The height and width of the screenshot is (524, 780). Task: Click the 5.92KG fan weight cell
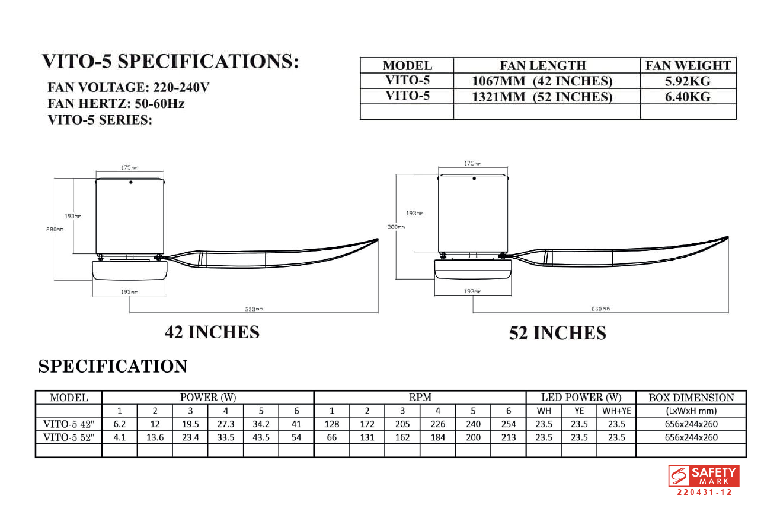tap(688, 81)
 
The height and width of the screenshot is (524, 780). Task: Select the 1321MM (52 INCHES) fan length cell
tap(542, 97)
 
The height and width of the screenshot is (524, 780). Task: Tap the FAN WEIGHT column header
tap(688, 66)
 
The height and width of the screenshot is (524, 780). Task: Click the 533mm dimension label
tap(254, 309)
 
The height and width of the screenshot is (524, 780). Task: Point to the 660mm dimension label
tap(600, 309)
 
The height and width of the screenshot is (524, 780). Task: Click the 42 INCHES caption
tap(212, 332)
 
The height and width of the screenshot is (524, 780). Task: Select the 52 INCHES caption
tap(557, 334)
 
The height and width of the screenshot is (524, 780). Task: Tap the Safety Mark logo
tap(703, 475)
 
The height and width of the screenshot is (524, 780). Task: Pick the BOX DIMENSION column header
tap(691, 398)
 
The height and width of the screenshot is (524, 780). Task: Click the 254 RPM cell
tap(508, 424)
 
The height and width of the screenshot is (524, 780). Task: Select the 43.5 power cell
tap(261, 437)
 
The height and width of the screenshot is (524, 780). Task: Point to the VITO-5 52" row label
tap(69, 437)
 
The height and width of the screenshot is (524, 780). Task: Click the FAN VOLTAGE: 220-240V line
tap(129, 88)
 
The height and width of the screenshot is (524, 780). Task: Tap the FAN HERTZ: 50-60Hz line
tap(116, 104)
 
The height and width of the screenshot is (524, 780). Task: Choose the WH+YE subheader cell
tap(616, 411)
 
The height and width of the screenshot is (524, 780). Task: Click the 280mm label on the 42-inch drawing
tap(55, 230)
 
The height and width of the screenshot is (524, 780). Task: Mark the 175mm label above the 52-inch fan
tap(472, 163)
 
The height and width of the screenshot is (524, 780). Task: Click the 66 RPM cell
tap(331, 437)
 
